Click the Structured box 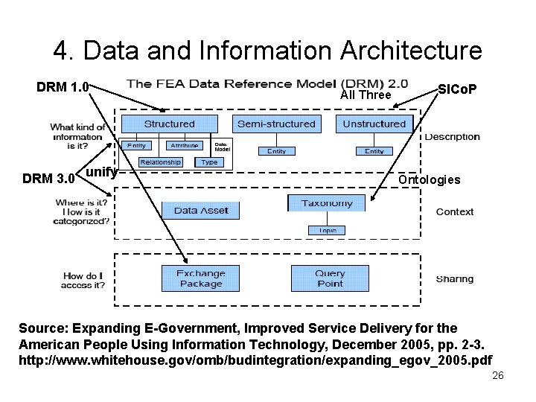[169, 124]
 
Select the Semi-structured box [276, 124]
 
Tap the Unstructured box [374, 124]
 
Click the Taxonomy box [327, 203]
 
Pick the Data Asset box [201, 211]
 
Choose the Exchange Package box [201, 278]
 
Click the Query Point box [329, 278]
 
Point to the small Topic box [327, 230]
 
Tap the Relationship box [160, 162]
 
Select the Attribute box [182, 145]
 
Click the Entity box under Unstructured [374, 151]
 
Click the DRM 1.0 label [63, 88]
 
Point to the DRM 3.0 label [48, 179]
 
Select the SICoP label [457, 89]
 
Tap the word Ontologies [430, 179]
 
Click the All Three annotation [366, 95]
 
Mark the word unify [102, 173]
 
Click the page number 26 [498, 375]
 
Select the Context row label [454, 212]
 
